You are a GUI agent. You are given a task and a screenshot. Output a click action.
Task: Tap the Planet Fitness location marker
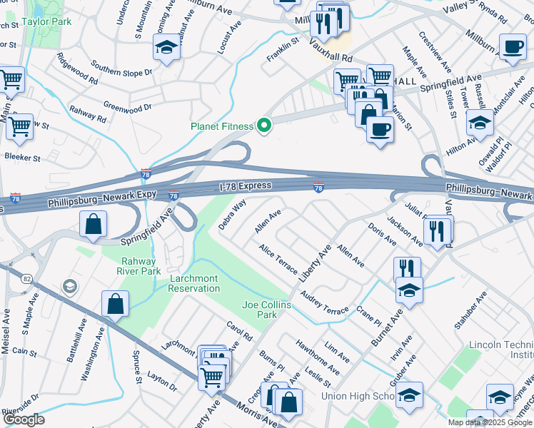coord(264,126)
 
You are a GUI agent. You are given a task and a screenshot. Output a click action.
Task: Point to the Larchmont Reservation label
coord(193,283)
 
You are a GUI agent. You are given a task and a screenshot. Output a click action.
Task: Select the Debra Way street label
coord(233,214)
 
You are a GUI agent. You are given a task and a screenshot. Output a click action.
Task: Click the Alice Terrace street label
coord(278,260)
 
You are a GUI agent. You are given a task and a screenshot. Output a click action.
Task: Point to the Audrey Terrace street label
coord(324,302)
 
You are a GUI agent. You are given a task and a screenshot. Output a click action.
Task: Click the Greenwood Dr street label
coord(128,108)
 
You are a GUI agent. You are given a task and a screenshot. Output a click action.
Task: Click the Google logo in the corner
coord(24,419)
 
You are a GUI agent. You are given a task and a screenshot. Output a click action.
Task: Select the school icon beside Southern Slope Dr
coord(166,49)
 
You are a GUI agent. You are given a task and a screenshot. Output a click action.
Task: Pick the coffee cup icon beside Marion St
coord(380,129)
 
